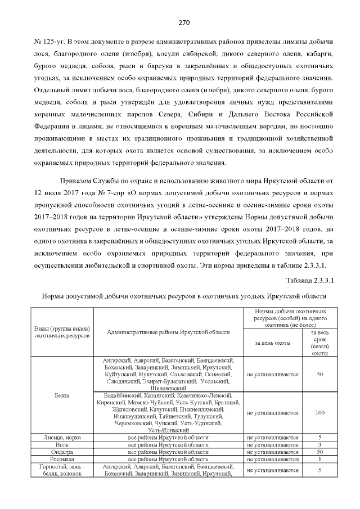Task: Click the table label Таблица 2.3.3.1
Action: pos(310,280)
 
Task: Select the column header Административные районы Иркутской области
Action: pos(169,332)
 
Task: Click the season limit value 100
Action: pos(319,413)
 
